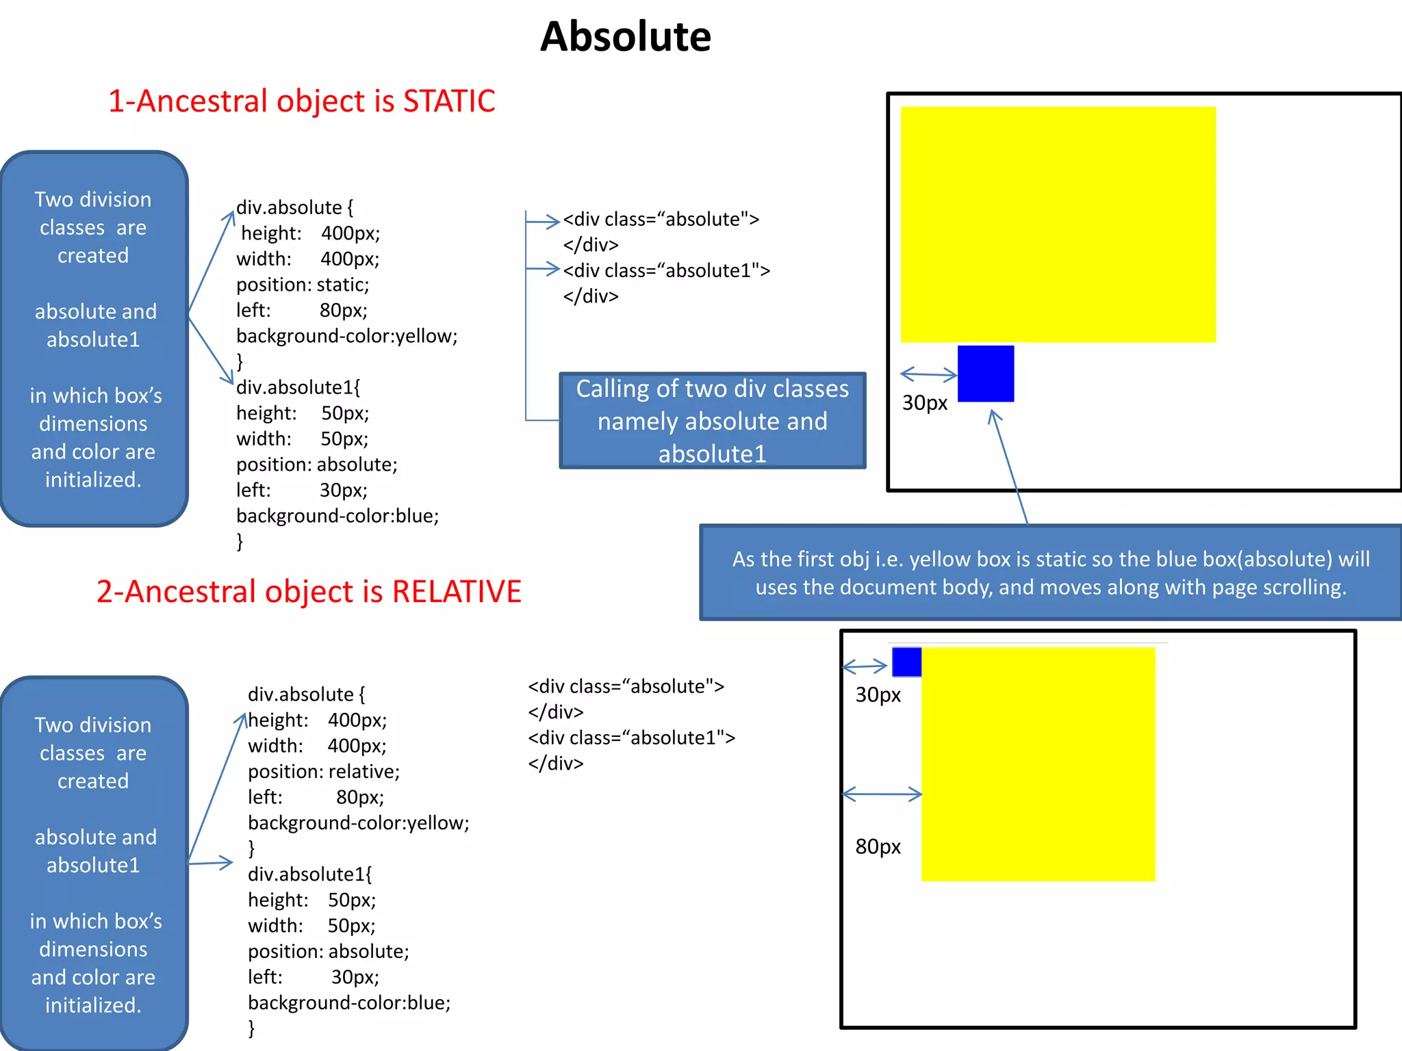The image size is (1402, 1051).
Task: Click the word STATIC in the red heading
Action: [449, 101]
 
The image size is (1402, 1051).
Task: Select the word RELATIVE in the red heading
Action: [457, 592]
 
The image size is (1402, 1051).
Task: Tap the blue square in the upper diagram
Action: [985, 374]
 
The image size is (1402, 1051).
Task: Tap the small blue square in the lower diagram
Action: [906, 662]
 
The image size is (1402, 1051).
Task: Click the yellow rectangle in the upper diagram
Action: [1058, 224]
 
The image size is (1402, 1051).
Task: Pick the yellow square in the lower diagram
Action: [1038, 764]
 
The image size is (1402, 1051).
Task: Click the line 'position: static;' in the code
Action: [303, 285]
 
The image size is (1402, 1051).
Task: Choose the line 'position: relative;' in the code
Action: [323, 772]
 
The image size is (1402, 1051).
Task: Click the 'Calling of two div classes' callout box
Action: [712, 421]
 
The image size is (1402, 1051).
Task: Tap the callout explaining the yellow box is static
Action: [1050, 573]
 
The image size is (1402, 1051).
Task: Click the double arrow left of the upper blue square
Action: [928, 374]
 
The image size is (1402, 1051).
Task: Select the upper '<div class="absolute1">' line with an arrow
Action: [666, 271]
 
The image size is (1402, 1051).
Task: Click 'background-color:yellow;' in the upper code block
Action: [346, 336]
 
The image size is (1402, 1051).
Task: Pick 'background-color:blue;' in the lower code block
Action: [349, 1003]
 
